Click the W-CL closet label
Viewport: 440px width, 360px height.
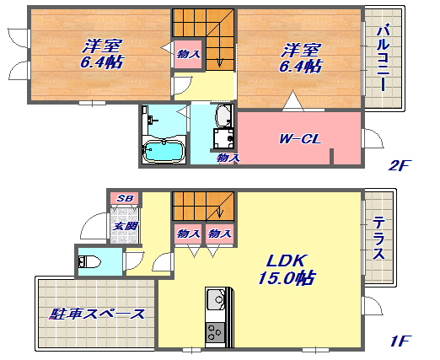[300, 139]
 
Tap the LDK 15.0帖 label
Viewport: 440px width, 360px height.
[286, 270]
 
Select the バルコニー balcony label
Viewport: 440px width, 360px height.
[384, 58]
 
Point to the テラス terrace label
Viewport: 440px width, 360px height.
[378, 239]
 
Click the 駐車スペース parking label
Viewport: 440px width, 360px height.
[97, 314]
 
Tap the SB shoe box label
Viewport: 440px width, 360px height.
[125, 198]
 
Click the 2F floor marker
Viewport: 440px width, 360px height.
[400, 165]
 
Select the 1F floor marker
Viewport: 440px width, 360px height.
[400, 341]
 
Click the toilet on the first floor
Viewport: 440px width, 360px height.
[89, 262]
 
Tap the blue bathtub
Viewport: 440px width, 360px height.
[163, 151]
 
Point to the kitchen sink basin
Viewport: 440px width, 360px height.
[216, 299]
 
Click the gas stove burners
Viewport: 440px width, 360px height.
[215, 332]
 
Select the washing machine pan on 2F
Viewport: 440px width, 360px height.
[223, 138]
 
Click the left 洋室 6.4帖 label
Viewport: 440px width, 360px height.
[102, 54]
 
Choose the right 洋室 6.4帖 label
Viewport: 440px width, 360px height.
[300, 57]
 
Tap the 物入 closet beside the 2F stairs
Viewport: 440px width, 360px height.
[188, 54]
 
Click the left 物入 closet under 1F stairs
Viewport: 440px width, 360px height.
[188, 234]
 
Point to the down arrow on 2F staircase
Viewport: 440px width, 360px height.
[220, 62]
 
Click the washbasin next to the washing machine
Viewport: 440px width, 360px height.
[224, 116]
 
